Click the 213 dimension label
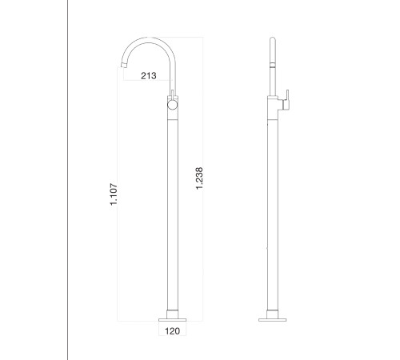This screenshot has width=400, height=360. tap(149, 76)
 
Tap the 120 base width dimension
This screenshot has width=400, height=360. tap(172, 331)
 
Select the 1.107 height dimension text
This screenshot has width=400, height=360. tap(114, 194)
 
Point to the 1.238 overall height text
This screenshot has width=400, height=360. tap(199, 178)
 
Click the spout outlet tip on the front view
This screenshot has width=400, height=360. tap(124, 65)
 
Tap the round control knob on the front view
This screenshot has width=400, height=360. tap(173, 105)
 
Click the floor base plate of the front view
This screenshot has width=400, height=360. tap(172, 320)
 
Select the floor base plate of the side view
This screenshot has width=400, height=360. tap(272, 320)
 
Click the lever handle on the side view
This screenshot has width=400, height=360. tap(286, 100)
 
